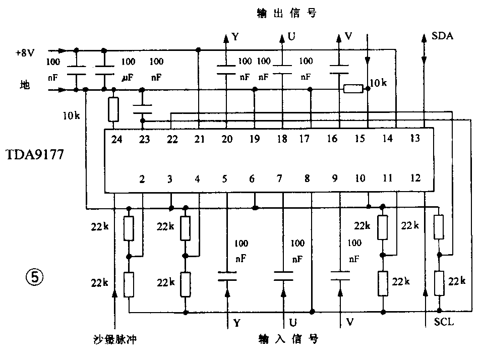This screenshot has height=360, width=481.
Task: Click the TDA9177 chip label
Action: (x=35, y=154)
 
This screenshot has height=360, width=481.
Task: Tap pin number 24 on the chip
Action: (x=116, y=140)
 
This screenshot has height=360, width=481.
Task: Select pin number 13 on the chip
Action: (x=414, y=140)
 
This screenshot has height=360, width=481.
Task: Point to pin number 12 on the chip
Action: (x=414, y=178)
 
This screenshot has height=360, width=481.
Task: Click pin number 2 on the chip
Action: (x=143, y=178)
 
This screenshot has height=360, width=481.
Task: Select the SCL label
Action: (x=444, y=321)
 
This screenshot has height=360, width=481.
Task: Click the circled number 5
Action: (x=35, y=276)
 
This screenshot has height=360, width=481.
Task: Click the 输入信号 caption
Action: (x=288, y=338)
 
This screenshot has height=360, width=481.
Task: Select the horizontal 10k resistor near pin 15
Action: (x=353, y=89)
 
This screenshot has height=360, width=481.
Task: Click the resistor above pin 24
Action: (x=113, y=109)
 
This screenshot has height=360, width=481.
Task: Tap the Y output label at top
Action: (x=235, y=36)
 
